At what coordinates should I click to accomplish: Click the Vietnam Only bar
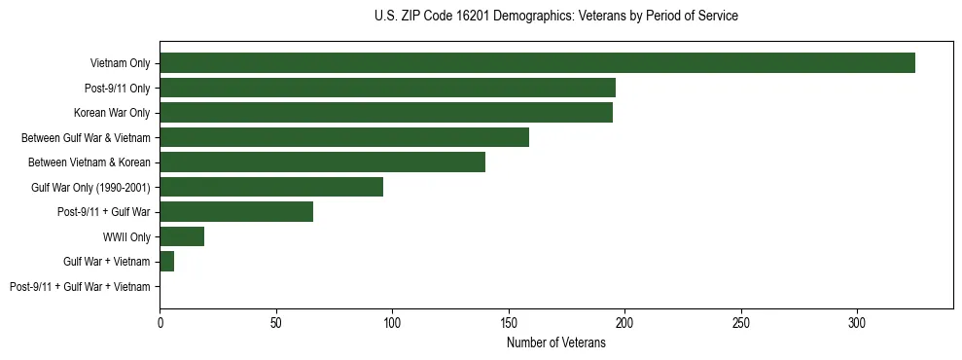(x=537, y=63)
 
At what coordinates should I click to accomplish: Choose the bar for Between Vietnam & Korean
(x=322, y=162)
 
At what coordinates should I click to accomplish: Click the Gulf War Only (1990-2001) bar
(x=271, y=187)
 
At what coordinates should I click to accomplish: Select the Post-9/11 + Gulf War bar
(x=236, y=212)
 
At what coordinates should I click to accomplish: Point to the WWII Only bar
(x=182, y=236)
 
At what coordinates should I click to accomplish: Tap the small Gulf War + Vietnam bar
(x=167, y=262)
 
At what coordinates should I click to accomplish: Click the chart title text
(x=555, y=17)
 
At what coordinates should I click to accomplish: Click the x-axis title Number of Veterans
(x=555, y=342)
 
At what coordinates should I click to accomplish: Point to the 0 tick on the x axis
(x=160, y=322)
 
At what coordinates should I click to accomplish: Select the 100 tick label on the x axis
(x=392, y=322)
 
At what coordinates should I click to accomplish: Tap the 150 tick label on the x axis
(x=509, y=322)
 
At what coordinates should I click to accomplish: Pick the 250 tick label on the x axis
(x=741, y=322)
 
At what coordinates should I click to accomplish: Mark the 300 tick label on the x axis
(x=857, y=322)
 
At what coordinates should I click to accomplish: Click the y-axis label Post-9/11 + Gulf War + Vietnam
(x=80, y=287)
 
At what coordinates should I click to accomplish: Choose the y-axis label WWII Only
(x=126, y=237)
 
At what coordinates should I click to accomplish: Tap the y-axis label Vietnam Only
(x=120, y=63)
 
